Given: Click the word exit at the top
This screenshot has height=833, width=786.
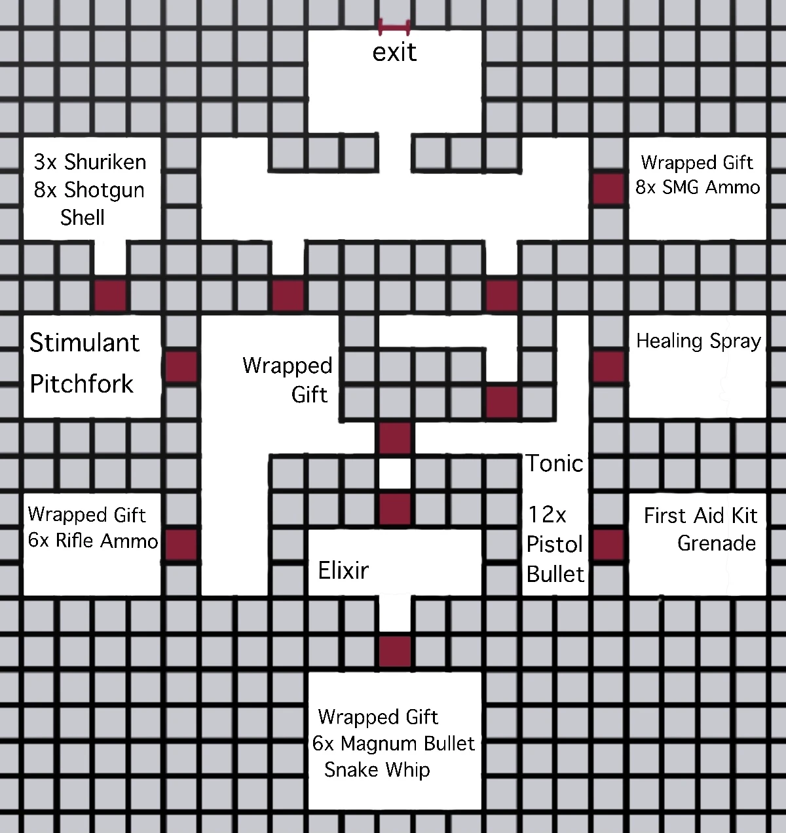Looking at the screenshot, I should click(x=394, y=52).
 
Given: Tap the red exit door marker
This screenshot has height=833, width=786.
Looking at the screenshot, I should click(x=394, y=28).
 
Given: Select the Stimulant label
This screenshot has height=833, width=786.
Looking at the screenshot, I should click(x=84, y=343).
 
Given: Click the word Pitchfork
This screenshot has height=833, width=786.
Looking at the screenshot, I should click(x=82, y=383).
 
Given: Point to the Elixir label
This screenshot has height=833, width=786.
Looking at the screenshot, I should click(x=343, y=570).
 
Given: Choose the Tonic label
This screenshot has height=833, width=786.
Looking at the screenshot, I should click(x=554, y=463).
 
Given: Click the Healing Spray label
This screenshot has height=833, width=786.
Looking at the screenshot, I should click(x=698, y=341).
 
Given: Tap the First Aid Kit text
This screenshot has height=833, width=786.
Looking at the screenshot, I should click(x=700, y=516).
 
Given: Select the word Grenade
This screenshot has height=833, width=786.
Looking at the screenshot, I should click(x=717, y=543).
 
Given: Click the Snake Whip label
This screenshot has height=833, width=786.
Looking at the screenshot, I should click(x=377, y=769).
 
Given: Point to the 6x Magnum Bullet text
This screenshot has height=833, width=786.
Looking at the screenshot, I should click(x=393, y=743).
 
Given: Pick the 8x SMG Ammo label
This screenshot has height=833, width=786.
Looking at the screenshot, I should click(x=698, y=187).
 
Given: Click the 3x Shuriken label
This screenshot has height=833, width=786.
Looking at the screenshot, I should click(x=90, y=161).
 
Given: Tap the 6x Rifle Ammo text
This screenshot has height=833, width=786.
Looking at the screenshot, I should click(x=93, y=541).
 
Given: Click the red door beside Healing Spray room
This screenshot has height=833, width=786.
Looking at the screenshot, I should click(x=608, y=366).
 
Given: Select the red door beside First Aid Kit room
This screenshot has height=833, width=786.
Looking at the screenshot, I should click(x=608, y=544).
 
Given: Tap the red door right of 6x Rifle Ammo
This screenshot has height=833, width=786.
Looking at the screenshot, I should click(x=181, y=544).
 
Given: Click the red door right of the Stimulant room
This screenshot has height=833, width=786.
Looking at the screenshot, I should click(x=181, y=366).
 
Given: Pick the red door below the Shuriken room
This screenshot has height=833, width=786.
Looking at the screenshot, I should click(x=110, y=295).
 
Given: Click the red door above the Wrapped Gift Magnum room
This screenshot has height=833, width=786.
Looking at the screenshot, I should click(x=395, y=651).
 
